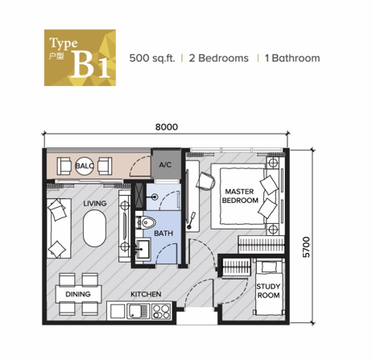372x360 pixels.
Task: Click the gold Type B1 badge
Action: [x=80, y=58]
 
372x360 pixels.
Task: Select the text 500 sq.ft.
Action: [x=152, y=58]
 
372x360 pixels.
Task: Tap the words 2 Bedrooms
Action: [x=219, y=58]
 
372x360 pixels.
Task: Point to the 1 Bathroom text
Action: [x=292, y=58]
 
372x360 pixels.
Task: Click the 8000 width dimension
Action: [x=167, y=126]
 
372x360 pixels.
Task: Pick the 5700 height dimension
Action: [x=306, y=247]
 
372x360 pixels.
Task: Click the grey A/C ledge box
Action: [x=165, y=164]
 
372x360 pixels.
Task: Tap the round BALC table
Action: [x=85, y=166]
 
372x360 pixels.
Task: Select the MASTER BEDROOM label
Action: [x=240, y=196]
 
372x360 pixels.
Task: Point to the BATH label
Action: [x=163, y=234]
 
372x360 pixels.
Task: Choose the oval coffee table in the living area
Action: [x=94, y=228]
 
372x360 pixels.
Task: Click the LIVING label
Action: [x=95, y=204]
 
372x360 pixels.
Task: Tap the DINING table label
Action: [x=78, y=294]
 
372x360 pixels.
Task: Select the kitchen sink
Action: [x=138, y=311]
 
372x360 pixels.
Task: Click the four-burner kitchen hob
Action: [x=161, y=312]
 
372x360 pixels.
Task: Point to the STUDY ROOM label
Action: [x=268, y=291]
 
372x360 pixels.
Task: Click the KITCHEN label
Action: [x=146, y=294]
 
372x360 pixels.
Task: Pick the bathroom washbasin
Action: [x=143, y=249]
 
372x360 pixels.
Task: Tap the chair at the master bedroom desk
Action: [x=205, y=181]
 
